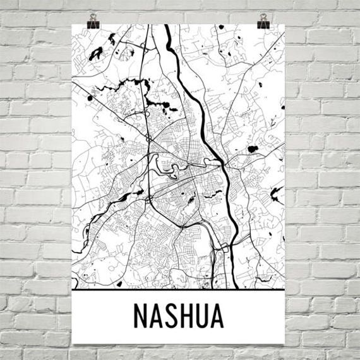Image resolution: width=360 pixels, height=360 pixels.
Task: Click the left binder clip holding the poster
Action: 93,18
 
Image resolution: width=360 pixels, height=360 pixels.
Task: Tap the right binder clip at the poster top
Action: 263,18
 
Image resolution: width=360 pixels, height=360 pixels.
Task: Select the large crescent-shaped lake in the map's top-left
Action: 96,54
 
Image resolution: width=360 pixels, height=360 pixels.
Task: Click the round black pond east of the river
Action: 253,150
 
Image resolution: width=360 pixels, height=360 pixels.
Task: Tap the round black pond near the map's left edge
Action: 89,99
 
